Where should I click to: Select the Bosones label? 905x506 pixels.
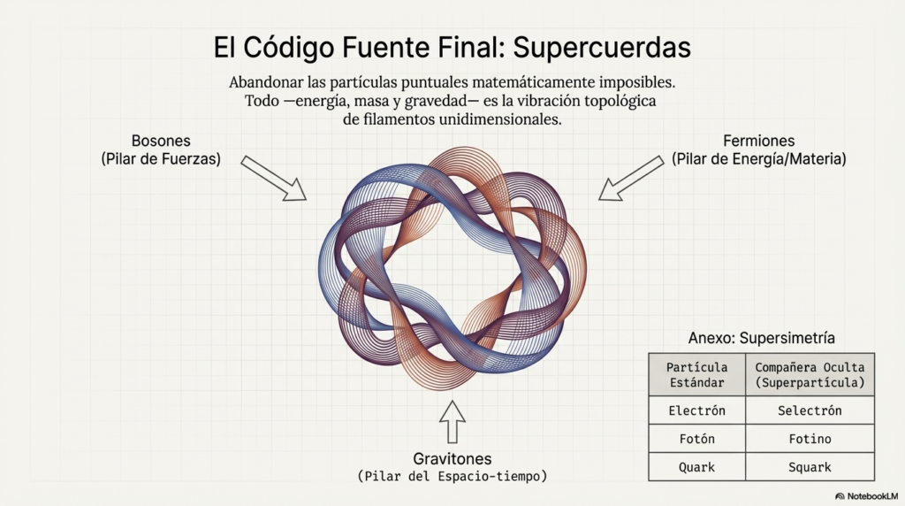point(161,142)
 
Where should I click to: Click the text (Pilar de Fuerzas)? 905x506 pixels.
point(161,159)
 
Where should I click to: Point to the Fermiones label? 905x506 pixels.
point(758,142)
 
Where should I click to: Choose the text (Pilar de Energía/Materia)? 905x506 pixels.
point(758,159)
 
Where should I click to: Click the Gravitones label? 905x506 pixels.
point(452,459)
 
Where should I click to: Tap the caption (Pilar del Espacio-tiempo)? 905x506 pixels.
point(452,477)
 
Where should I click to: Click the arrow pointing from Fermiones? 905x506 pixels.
point(631,177)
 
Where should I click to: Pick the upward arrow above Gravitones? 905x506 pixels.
point(452,422)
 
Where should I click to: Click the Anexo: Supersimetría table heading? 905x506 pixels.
point(761,338)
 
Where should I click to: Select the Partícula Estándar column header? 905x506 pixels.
point(697,375)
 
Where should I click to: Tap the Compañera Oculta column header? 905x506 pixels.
point(810,375)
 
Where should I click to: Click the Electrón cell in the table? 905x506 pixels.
point(697,410)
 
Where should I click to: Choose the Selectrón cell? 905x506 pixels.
point(810,410)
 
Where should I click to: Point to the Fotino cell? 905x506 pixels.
point(810,439)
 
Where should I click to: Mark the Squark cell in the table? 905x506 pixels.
point(810,467)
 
